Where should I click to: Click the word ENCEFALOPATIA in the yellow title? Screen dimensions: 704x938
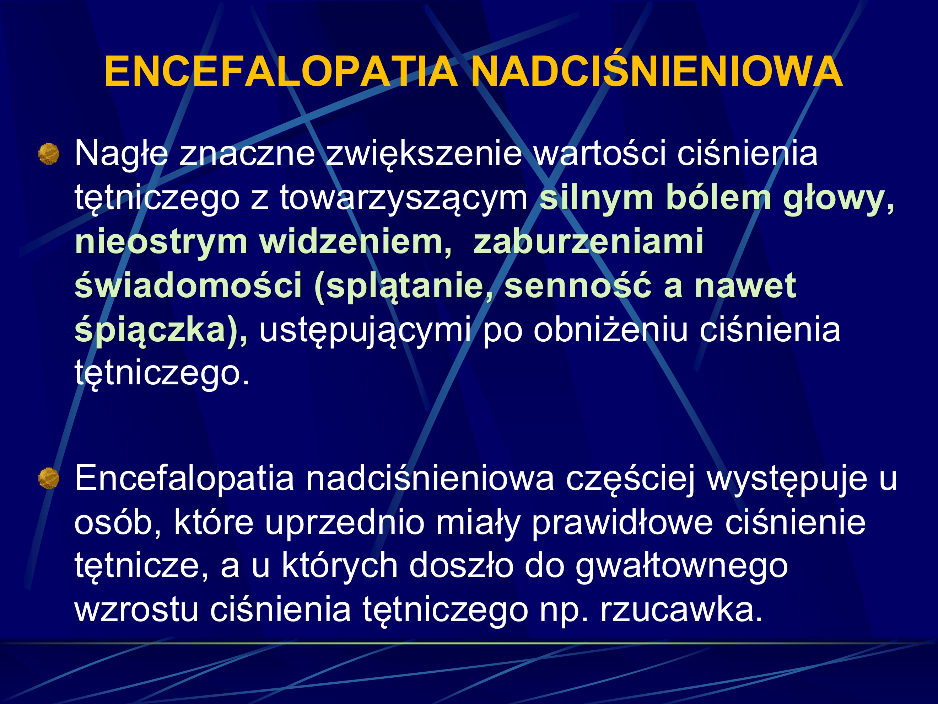(x=281, y=72)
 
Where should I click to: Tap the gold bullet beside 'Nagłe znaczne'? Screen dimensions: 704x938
(x=49, y=154)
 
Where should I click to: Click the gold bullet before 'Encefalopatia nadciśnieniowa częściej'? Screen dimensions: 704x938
(x=49, y=478)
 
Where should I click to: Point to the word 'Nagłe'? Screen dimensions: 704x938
(x=121, y=154)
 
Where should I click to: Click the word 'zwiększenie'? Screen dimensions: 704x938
(x=424, y=154)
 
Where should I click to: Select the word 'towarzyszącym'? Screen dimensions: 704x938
(x=403, y=198)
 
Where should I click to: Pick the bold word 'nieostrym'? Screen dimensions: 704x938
(x=161, y=242)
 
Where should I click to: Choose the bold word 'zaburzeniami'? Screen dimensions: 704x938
(x=589, y=242)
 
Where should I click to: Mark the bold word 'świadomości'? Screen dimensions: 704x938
(x=188, y=286)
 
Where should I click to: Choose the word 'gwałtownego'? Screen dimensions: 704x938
(x=682, y=567)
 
